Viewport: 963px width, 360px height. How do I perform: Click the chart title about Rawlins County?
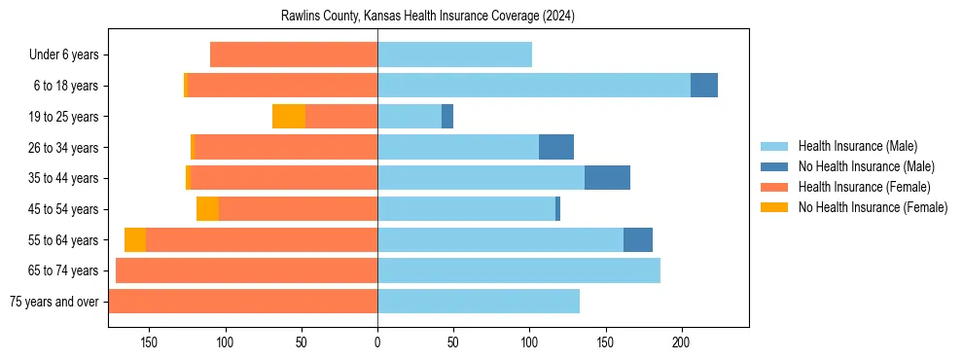pos(428,17)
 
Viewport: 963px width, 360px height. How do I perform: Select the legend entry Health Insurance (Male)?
pos(856,146)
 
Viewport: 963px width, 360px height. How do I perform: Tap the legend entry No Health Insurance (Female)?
pos(873,207)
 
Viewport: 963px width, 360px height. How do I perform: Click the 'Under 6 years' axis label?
pos(63,55)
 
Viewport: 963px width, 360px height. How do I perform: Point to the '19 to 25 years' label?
pos(63,117)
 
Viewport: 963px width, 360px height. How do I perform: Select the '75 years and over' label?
pos(54,302)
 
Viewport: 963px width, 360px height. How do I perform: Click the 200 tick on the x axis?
pos(681,342)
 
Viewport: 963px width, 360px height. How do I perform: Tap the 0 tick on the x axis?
pos(377,342)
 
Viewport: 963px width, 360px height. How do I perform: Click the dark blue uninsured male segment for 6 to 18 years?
pos(704,86)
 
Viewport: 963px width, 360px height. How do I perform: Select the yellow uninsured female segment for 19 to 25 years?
pos(289,117)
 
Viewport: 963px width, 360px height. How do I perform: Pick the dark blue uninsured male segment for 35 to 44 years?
pos(607,178)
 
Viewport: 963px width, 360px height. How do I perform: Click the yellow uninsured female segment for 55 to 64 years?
pos(135,239)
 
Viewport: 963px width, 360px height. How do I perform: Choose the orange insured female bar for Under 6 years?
pos(294,55)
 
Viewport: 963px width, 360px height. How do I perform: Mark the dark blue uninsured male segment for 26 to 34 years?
pos(556,147)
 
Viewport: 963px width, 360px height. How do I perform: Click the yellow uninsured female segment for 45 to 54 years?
pos(208,209)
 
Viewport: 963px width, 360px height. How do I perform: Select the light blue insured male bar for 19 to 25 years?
pos(410,117)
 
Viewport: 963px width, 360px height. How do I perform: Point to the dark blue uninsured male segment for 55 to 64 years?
pos(638,239)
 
